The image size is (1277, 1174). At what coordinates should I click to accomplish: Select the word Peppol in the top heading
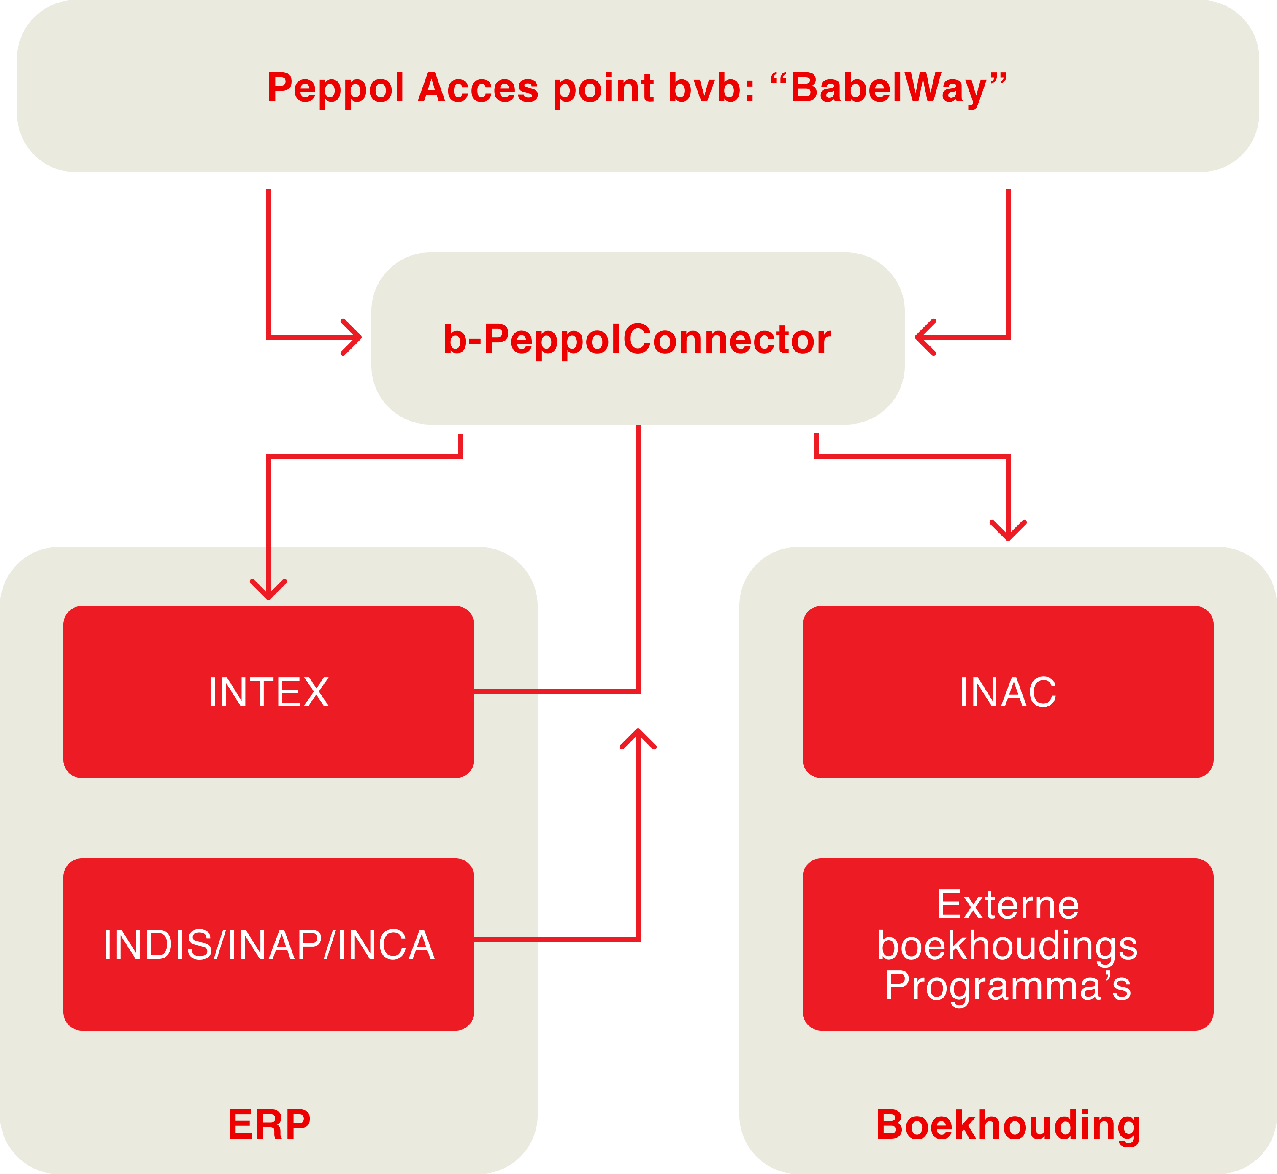tap(335, 88)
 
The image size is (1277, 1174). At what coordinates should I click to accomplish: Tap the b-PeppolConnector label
tap(636, 338)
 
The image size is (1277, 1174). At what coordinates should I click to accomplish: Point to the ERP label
tap(269, 1125)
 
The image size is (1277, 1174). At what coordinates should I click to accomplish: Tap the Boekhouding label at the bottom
tap(1008, 1125)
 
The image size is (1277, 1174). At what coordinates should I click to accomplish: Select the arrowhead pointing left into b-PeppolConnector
tap(923, 337)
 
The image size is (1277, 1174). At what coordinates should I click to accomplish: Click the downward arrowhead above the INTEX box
tap(268, 591)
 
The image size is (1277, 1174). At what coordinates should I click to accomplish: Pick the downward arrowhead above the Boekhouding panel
tap(1008, 533)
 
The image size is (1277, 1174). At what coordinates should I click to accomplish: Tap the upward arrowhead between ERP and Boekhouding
tap(638, 737)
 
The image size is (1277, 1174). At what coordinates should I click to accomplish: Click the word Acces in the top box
tap(478, 88)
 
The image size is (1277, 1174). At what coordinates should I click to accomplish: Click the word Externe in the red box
tap(1008, 905)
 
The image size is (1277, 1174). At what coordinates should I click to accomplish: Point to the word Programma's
tap(1008, 986)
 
